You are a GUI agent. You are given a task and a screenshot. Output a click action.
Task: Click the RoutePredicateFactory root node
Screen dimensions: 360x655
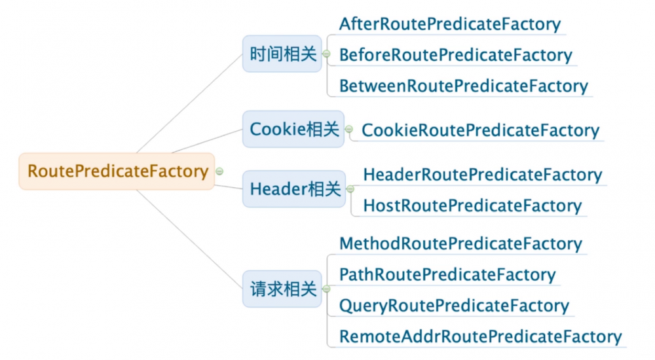coord(117,171)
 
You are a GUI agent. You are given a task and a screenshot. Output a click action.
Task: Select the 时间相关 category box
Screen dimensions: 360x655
coord(282,54)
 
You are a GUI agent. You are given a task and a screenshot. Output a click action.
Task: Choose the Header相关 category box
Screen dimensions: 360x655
coord(294,189)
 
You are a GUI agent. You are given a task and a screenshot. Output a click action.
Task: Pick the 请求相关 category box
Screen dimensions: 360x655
coord(282,289)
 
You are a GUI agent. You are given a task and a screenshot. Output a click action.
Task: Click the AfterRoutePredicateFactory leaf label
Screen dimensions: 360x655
coord(450,24)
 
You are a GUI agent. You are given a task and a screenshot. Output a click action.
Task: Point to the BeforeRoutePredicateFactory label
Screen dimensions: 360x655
coord(455,55)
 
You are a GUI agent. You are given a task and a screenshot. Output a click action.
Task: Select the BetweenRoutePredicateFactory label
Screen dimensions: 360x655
coord(463,86)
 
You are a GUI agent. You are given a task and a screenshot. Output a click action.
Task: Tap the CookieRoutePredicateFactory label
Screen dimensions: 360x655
coord(480,130)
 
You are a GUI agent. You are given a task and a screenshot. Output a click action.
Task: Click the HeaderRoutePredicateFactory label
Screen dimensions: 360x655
coord(482,175)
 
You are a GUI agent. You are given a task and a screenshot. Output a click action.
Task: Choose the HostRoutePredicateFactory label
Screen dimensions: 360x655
coord(472,206)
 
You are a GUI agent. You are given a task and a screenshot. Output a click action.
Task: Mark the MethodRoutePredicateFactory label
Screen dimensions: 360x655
coord(460,244)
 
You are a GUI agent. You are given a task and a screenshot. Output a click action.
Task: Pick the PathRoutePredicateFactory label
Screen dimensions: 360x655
coord(447,275)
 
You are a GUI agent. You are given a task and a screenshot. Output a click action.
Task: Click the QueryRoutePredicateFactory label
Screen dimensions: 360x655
coord(454,306)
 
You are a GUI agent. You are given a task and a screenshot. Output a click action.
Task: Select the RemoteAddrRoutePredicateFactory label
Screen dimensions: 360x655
coord(480,336)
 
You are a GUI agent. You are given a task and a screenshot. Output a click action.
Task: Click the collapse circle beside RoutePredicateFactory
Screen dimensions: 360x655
coord(220,171)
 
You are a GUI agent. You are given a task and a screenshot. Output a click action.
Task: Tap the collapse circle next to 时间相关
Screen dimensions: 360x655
coord(326,54)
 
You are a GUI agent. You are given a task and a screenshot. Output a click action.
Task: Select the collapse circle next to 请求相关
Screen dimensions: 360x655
coord(326,289)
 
